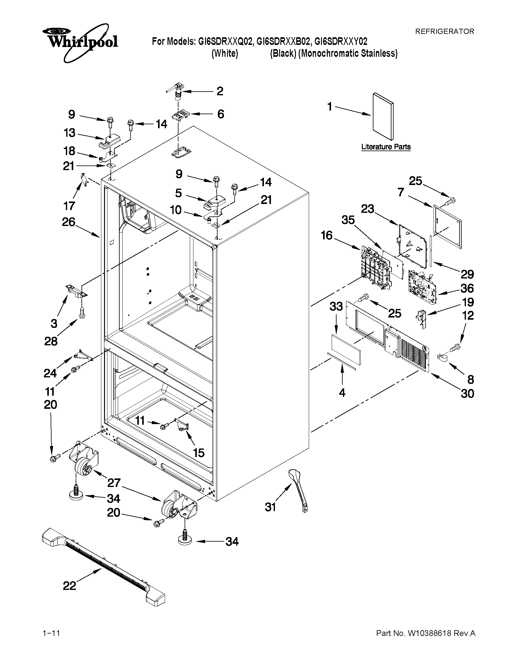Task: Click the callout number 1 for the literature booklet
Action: coord(330,107)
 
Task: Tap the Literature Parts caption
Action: coord(386,147)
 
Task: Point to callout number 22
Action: coord(70,586)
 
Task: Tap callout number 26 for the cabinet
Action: coord(69,222)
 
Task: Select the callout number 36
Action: coord(467,288)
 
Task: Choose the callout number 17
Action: coord(69,205)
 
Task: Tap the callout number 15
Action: coord(199,452)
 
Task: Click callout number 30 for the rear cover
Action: coord(467,394)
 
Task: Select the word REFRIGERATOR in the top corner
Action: coord(445,31)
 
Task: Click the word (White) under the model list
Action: coord(225,53)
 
